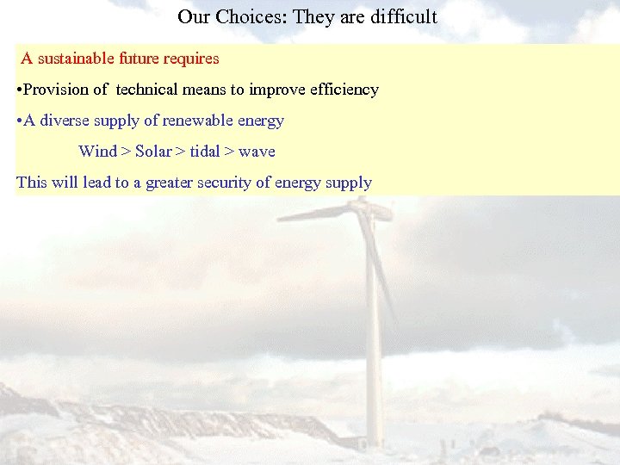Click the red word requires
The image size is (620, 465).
click(x=192, y=59)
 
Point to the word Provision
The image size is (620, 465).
click(x=57, y=90)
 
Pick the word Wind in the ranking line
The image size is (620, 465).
click(x=97, y=152)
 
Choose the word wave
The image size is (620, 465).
click(x=257, y=152)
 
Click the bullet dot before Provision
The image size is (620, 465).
click(x=19, y=90)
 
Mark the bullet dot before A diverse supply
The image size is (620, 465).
click(x=19, y=121)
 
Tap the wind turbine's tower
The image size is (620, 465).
click(x=375, y=344)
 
